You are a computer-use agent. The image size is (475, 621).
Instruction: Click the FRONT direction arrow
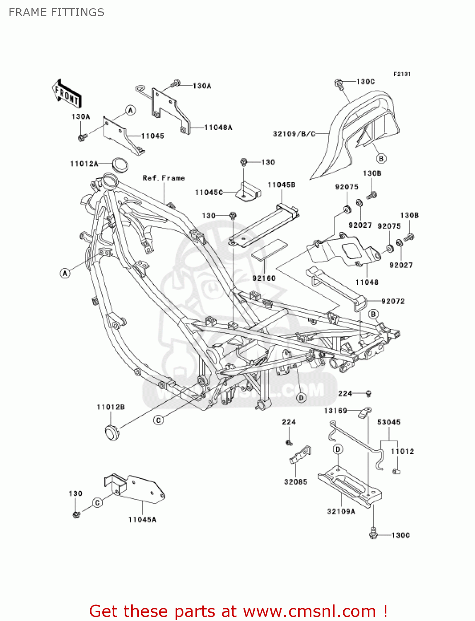pos(67,94)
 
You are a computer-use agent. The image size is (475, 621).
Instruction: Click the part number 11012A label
pos(84,164)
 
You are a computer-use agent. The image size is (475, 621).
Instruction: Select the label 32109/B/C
pos(294,134)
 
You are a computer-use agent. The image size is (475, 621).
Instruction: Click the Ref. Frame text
pos(164,178)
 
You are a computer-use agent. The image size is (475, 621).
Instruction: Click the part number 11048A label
pos(218,128)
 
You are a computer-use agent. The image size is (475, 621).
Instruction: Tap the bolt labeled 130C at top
pos(338,84)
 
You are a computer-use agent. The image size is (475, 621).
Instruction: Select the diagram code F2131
pos(402,74)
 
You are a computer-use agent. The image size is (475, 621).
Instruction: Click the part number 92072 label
pos(393,301)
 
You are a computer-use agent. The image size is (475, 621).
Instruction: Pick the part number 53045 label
pos(389,422)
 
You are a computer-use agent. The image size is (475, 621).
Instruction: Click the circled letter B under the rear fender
pos(381,158)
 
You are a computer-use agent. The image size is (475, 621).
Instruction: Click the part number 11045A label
pos(142,520)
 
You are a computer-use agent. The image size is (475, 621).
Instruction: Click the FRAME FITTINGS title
pos(56,12)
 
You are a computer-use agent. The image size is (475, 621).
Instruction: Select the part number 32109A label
pos(341,512)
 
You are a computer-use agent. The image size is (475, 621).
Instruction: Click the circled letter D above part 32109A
pos(338,450)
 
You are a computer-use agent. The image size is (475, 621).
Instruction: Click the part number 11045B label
pos(282,185)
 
